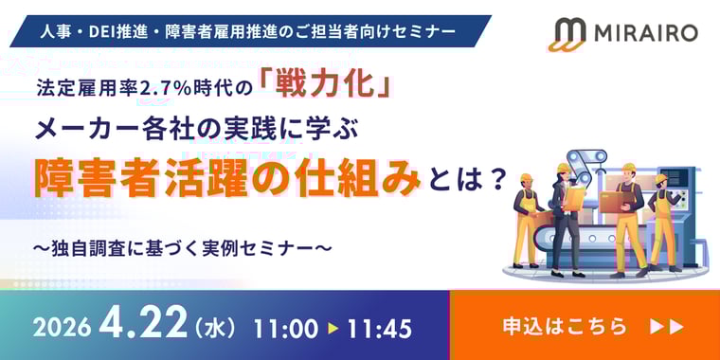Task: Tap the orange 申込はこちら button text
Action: click(565, 326)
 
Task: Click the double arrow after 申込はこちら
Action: click(668, 326)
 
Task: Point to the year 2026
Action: click(63, 328)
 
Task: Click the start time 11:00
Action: click(285, 328)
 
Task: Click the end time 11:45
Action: click(379, 328)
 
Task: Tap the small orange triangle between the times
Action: click(333, 328)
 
